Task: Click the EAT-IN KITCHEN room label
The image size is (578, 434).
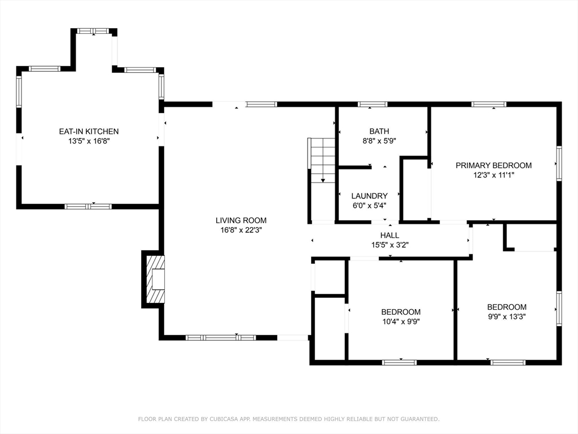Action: tap(89, 131)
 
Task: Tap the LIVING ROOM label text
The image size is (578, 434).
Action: tap(241, 220)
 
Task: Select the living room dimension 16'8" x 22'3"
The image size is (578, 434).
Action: tap(241, 230)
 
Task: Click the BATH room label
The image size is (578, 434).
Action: tap(379, 131)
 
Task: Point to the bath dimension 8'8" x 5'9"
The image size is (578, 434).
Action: tap(379, 141)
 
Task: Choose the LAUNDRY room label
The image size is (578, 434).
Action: tap(369, 196)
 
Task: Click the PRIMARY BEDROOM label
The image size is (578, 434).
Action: tap(493, 166)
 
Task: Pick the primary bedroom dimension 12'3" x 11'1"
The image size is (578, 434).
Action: tap(493, 175)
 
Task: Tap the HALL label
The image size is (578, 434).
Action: tap(389, 235)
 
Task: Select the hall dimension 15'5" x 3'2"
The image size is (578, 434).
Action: tap(389, 245)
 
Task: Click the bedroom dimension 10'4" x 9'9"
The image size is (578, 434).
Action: tap(401, 322)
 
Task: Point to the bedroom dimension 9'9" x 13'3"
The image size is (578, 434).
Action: tap(507, 316)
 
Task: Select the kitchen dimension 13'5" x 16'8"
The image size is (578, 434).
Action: tap(89, 141)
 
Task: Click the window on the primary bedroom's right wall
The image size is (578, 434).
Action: tap(559, 163)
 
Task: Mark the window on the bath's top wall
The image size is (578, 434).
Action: tap(373, 105)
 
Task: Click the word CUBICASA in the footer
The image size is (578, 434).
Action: tap(224, 419)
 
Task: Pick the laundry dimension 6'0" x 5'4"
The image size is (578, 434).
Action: tap(369, 206)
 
